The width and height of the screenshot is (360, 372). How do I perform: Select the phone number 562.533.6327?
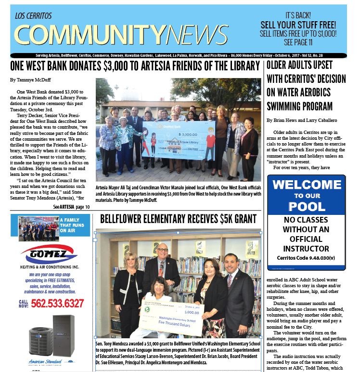pyautogui.click(x=57, y=304)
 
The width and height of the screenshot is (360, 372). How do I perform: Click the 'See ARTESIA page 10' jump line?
pyautogui.click(x=71, y=207)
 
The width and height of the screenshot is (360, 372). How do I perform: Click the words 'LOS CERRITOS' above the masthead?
pyautogui.click(x=33, y=16)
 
